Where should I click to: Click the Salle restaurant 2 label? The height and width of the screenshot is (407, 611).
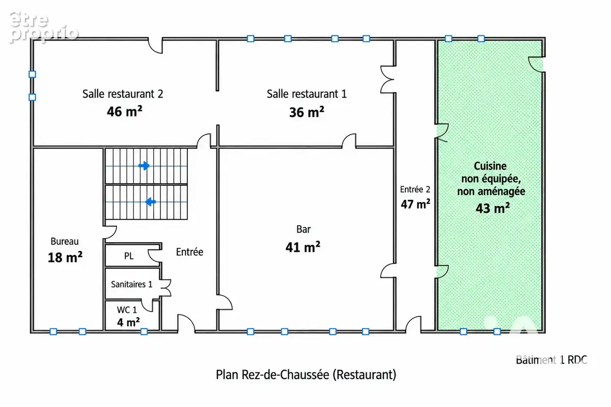(x=123, y=94)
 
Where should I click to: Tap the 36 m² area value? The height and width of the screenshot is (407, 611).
(x=307, y=112)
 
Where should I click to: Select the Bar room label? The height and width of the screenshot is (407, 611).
(x=303, y=229)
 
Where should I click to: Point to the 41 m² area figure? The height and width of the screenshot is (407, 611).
(x=303, y=247)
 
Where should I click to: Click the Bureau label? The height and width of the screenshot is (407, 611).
(x=65, y=241)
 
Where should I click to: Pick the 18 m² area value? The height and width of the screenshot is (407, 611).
(x=65, y=257)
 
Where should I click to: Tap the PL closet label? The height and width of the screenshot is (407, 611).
(x=129, y=256)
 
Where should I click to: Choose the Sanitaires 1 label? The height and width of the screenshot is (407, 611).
(x=131, y=284)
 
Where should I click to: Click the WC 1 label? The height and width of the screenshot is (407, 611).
(x=127, y=310)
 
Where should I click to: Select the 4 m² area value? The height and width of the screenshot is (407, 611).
(x=128, y=322)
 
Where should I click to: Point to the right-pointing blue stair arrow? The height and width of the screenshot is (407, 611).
(x=144, y=166)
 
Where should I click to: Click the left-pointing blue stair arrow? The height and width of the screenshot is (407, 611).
(x=150, y=202)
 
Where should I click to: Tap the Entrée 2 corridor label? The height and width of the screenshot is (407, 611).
(x=415, y=189)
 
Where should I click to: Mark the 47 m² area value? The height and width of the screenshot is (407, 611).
(x=415, y=204)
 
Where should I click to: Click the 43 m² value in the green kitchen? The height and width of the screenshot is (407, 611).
(x=493, y=208)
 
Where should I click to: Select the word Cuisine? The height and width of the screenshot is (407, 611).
(x=490, y=166)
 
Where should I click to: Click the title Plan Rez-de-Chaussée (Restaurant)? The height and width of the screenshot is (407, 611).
(x=306, y=375)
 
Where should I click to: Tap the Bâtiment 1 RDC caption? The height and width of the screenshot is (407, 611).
(x=551, y=360)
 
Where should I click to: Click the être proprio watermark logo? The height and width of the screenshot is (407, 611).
(x=44, y=27)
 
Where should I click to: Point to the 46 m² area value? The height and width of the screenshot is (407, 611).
(x=124, y=111)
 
